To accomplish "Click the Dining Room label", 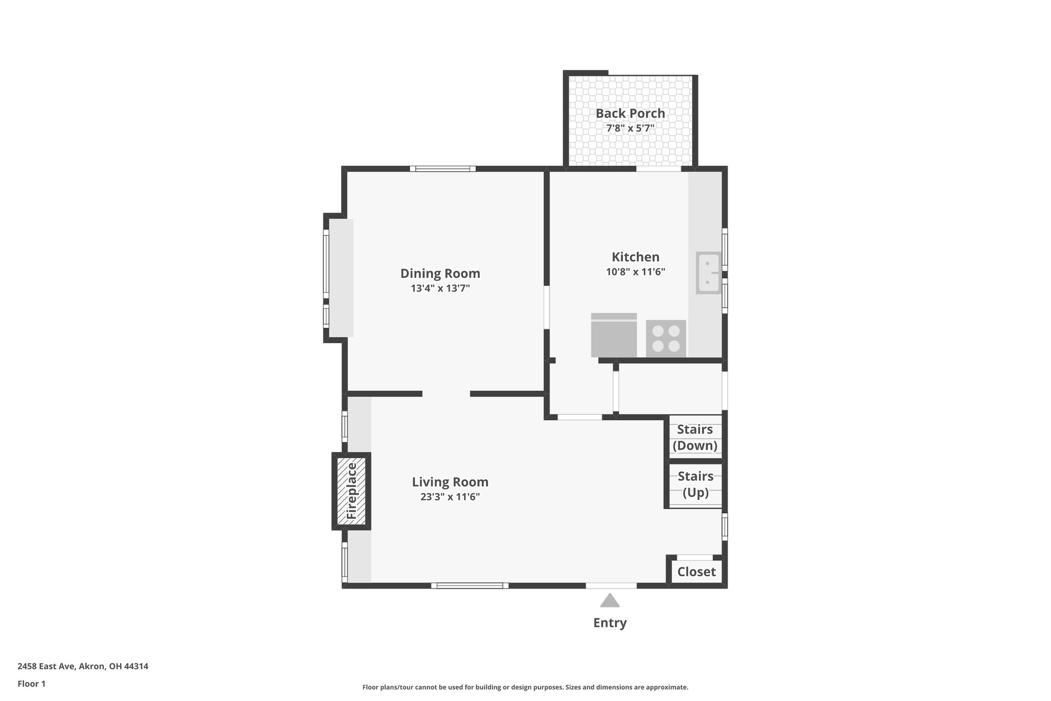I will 440,273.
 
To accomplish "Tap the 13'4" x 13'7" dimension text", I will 440,289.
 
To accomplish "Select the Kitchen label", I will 635,257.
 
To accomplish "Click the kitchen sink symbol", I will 708,273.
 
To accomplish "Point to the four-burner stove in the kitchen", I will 666,338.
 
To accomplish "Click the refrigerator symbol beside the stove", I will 614,335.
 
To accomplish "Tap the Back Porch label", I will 630,113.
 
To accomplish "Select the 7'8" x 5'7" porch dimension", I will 630,128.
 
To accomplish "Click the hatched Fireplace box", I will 351,491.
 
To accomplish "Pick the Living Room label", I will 450,482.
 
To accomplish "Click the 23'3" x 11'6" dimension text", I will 450,497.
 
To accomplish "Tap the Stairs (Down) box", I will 695,437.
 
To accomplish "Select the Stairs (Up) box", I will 695,484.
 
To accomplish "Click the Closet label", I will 696,572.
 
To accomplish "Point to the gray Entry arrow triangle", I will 610,601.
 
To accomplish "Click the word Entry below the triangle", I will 610,623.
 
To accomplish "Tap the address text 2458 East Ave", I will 83,666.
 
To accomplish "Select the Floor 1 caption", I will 31,684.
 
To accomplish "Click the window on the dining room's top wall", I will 442,168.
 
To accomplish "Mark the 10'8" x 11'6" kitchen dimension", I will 635,272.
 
